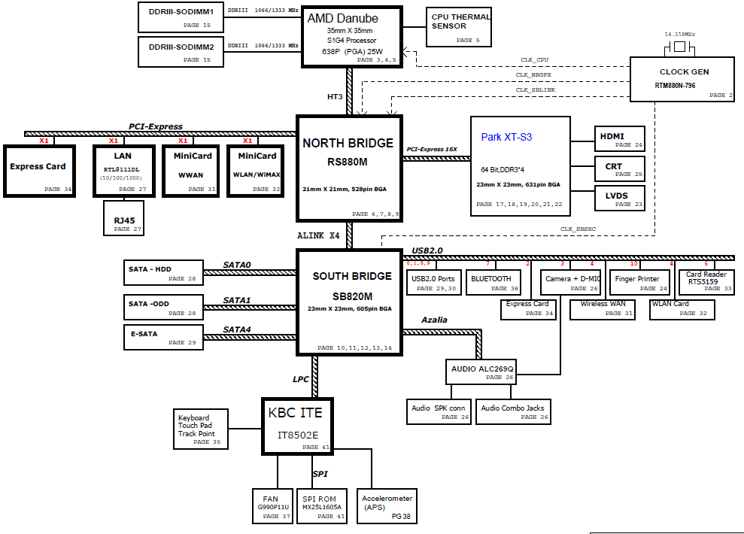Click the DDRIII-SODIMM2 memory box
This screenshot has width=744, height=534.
181,51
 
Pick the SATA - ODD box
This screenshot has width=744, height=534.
162,307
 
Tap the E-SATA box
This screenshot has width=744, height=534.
162,337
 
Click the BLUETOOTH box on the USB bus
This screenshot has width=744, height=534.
493,282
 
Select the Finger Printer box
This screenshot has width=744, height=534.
638,282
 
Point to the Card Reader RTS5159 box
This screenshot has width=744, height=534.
708,281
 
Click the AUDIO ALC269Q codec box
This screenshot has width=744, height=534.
482,372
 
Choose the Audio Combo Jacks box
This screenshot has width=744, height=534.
512,411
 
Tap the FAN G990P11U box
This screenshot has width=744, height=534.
272,505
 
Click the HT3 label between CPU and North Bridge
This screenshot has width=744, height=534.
335,96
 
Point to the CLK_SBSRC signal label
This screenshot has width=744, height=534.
578,229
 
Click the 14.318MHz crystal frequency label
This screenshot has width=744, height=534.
680,35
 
